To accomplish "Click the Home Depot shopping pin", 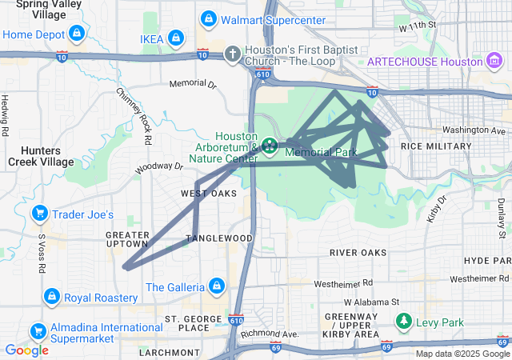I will click(77, 34).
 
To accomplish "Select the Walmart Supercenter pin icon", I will click(208, 18).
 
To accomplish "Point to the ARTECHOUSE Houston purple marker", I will click(493, 62).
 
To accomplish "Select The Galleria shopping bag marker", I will click(216, 286).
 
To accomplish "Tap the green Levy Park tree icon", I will click(405, 322).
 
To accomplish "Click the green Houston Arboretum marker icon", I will click(270, 146).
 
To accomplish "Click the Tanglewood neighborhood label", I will click(219, 238).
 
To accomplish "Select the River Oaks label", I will click(358, 253).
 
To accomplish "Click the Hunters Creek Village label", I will click(37, 155).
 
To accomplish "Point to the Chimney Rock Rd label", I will click(134, 116).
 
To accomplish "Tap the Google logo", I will click(26, 350).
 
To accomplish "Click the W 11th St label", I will click(417, 26).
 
